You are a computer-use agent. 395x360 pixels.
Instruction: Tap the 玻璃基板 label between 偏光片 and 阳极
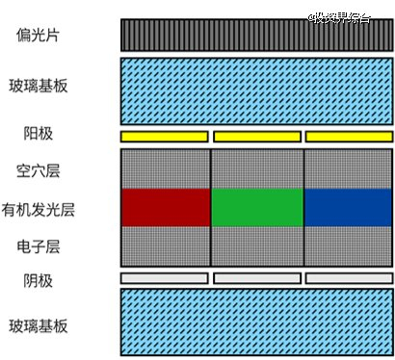click(x=43, y=86)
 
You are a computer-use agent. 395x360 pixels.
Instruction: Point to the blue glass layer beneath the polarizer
click(x=255, y=88)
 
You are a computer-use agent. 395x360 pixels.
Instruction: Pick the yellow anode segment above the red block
click(x=164, y=136)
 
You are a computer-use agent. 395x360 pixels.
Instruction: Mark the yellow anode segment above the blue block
click(x=348, y=136)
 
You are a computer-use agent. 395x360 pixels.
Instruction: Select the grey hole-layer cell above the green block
click(x=256, y=168)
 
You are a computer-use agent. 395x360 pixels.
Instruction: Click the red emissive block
click(x=166, y=207)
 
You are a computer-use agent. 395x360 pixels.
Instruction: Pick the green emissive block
click(x=256, y=207)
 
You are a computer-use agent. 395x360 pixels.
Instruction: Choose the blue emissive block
click(x=348, y=207)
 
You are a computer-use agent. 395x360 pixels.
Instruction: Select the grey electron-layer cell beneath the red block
click(x=166, y=245)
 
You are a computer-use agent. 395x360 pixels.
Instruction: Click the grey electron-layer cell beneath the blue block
click(x=348, y=245)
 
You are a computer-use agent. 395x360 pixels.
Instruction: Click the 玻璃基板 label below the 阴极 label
click(x=43, y=326)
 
